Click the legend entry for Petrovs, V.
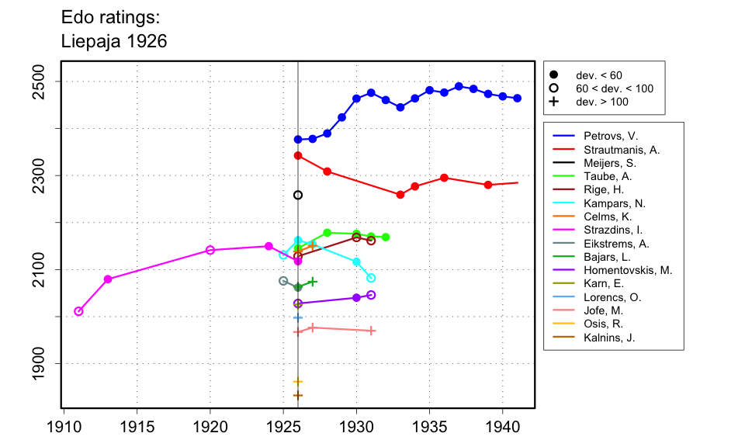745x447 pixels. (x=605, y=136)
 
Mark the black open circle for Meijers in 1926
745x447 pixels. (x=298, y=195)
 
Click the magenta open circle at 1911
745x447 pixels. (x=78, y=311)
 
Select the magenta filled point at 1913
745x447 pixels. (x=108, y=279)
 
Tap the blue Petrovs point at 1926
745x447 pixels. (x=298, y=140)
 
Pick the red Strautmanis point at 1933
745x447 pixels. (x=400, y=195)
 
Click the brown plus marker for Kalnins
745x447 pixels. (x=298, y=396)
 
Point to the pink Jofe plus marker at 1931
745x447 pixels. (x=372, y=331)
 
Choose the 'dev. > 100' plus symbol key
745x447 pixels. (x=553, y=102)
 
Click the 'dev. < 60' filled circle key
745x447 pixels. (x=553, y=75)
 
